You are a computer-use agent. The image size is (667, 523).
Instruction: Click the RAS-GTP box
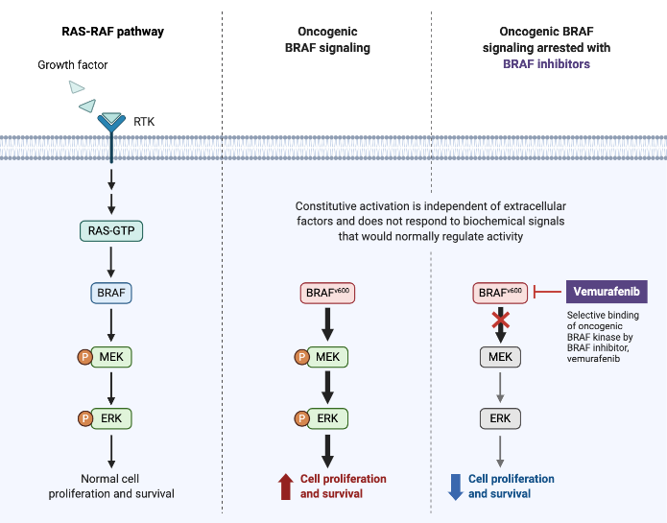(x=112, y=230)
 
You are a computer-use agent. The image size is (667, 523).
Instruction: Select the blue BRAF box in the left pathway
(x=112, y=293)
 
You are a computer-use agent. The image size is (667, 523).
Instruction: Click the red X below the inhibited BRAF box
(x=500, y=322)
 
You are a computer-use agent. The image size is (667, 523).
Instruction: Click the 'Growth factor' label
(x=73, y=65)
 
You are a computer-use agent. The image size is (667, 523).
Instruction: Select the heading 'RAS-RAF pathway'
(x=112, y=32)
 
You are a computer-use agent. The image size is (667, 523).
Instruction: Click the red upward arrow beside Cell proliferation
(x=285, y=487)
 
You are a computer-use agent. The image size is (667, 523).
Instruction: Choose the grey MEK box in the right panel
(x=500, y=357)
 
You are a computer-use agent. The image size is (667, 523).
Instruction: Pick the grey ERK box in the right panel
(x=500, y=418)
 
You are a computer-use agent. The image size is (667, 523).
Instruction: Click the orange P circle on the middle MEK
(x=301, y=357)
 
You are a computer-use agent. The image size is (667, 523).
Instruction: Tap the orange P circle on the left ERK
(x=83, y=418)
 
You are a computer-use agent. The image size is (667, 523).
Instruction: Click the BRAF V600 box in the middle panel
(x=326, y=292)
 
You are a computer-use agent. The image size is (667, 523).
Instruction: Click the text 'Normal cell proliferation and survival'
(x=112, y=487)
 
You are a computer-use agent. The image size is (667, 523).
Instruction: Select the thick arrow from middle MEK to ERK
(x=327, y=388)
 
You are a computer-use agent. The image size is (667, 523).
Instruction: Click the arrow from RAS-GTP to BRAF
(x=112, y=261)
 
